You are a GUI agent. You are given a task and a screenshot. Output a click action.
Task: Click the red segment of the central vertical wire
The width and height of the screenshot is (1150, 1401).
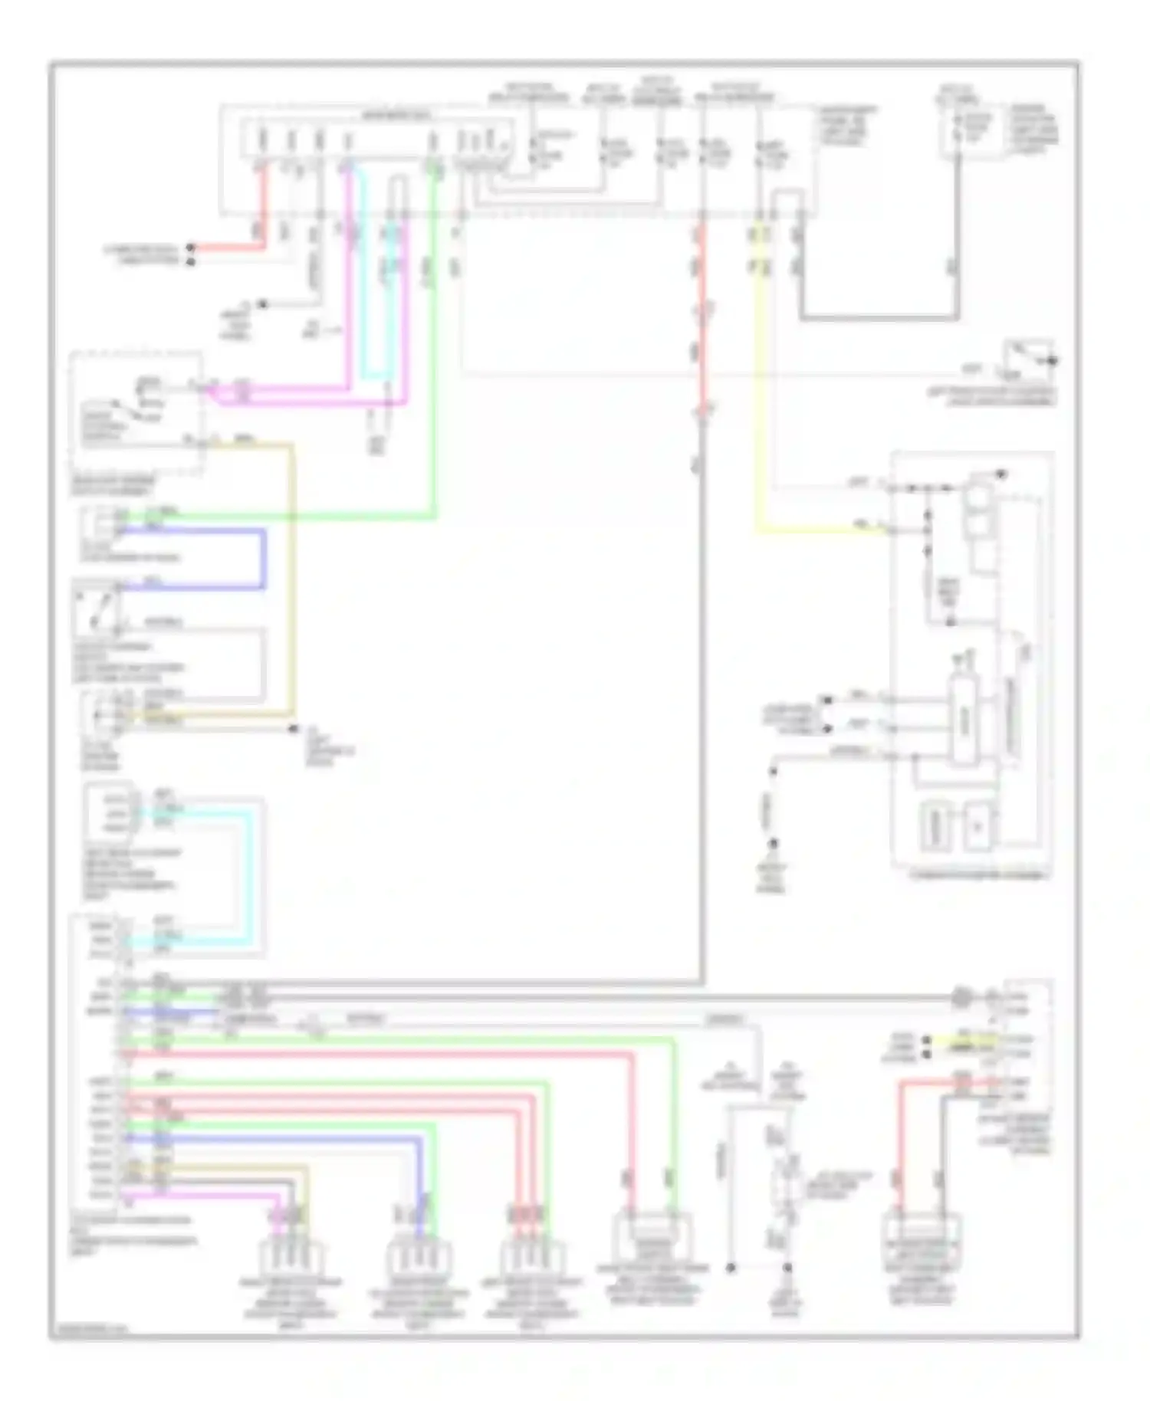pyautogui.click(x=701, y=322)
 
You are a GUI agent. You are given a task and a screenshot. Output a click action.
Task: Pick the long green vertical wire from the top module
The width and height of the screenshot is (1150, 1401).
pyautogui.click(x=434, y=345)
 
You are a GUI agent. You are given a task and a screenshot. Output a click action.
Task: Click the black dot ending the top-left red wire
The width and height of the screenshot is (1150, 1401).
pyautogui.click(x=192, y=248)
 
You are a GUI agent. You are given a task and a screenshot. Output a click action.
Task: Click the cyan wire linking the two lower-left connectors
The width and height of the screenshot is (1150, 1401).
pyautogui.click(x=249, y=874)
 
